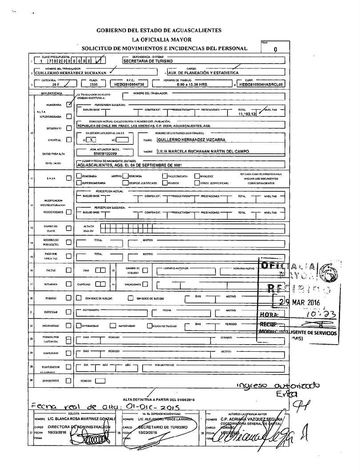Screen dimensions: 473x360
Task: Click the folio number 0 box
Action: coord(276,50)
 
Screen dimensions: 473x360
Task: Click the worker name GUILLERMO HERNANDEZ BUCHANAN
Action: coord(71,72)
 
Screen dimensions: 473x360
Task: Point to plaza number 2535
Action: coord(93,83)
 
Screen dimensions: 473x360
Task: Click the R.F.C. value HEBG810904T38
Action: coord(129,83)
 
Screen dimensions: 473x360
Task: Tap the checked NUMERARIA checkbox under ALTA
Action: coord(68,105)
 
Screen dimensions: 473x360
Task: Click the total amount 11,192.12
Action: coord(247,114)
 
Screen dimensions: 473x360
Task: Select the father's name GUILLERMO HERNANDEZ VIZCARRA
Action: coord(192,139)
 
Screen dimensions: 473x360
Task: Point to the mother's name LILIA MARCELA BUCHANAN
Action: coord(203,151)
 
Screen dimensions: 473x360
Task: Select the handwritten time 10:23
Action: coord(319,315)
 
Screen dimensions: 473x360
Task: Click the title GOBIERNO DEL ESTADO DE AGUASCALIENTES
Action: coord(159,30)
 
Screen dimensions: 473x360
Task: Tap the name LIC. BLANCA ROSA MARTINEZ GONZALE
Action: coord(81,419)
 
